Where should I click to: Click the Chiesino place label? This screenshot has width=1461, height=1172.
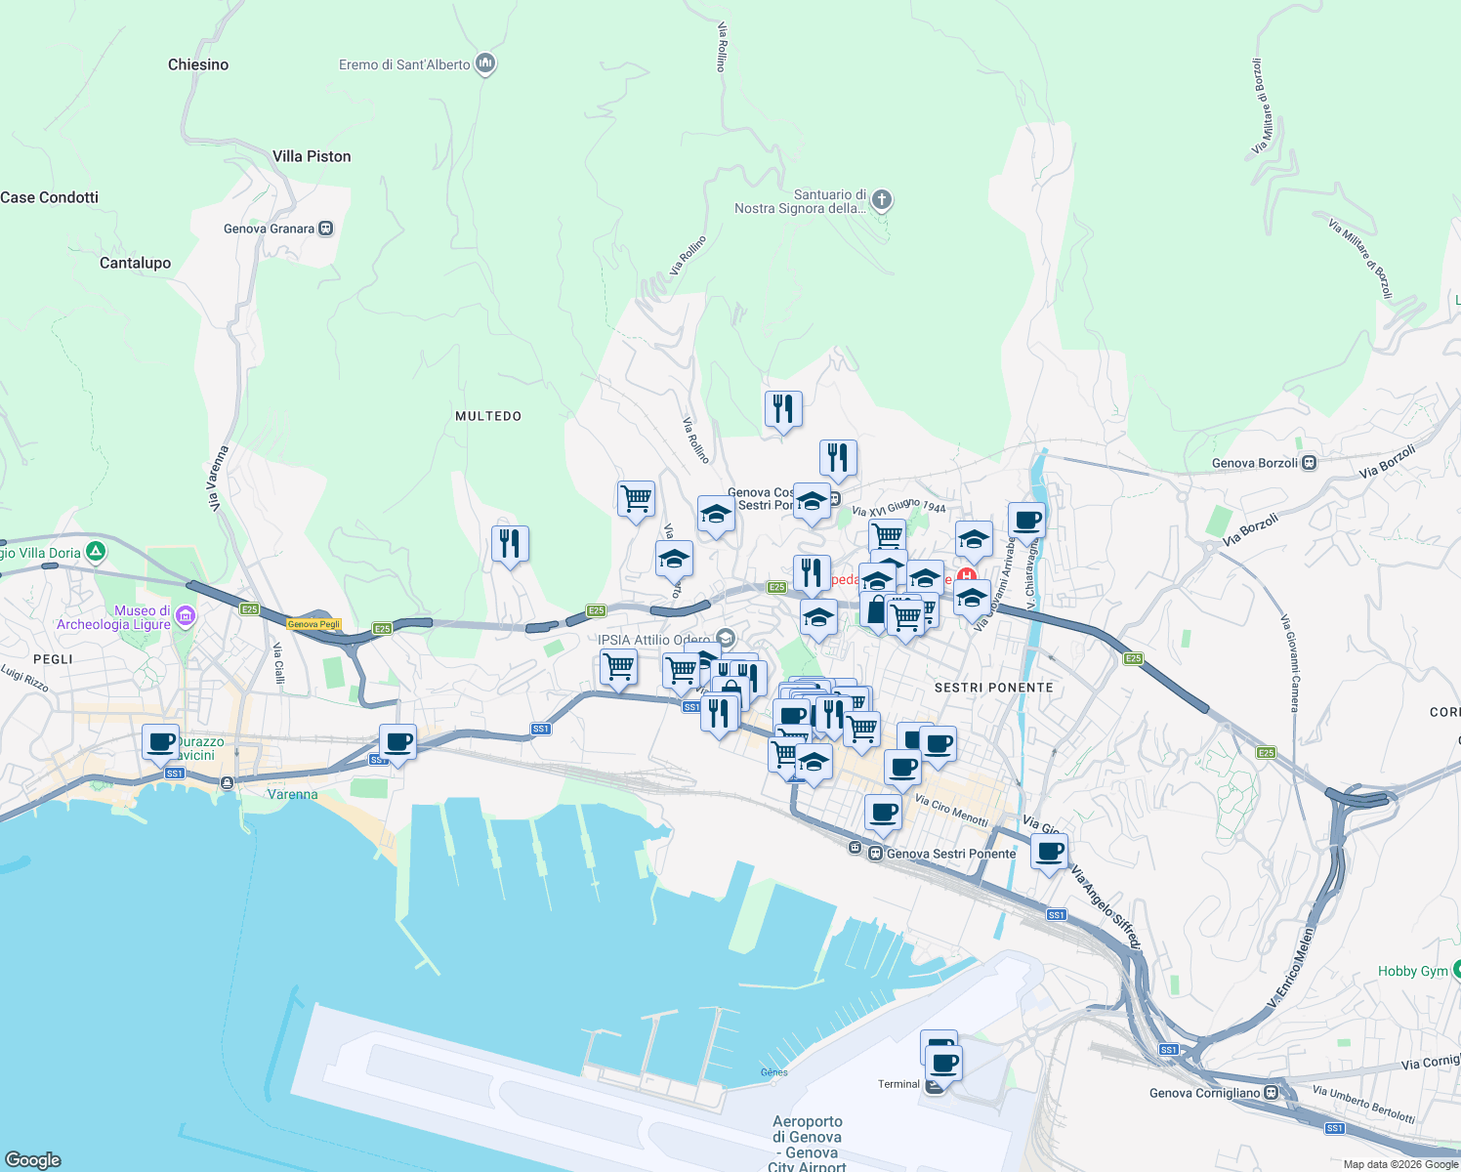click(x=198, y=64)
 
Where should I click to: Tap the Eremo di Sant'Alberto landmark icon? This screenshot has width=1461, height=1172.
click(x=485, y=64)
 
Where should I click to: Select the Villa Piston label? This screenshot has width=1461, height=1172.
click(x=312, y=156)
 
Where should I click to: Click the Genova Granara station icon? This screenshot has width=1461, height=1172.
click(x=326, y=229)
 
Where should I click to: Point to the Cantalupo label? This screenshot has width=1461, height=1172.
click(x=135, y=263)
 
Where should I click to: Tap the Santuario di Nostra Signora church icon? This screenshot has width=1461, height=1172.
click(x=881, y=201)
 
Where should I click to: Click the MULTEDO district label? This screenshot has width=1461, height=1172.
click(x=488, y=416)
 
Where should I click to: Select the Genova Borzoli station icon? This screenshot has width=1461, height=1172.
click(x=1309, y=463)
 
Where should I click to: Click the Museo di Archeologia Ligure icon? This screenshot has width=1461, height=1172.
click(x=186, y=616)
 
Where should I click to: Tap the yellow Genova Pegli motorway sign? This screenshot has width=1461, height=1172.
click(x=313, y=624)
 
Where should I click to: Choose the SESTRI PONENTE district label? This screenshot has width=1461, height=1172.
click(x=993, y=688)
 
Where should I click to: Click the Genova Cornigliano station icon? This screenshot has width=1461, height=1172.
click(x=1271, y=1093)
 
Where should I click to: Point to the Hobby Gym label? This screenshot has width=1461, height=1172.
click(x=1412, y=971)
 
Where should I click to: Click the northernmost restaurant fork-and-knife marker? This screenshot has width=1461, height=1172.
click(x=783, y=409)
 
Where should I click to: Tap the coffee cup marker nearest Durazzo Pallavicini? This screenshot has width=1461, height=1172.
click(x=160, y=742)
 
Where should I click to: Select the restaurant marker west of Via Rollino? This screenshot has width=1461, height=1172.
click(x=510, y=544)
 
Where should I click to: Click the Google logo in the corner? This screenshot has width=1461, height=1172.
click(x=33, y=1159)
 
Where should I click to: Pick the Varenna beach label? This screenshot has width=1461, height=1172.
click(x=292, y=794)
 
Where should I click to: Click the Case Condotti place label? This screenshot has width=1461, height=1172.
click(x=50, y=197)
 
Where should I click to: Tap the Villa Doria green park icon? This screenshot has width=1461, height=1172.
click(x=96, y=552)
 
